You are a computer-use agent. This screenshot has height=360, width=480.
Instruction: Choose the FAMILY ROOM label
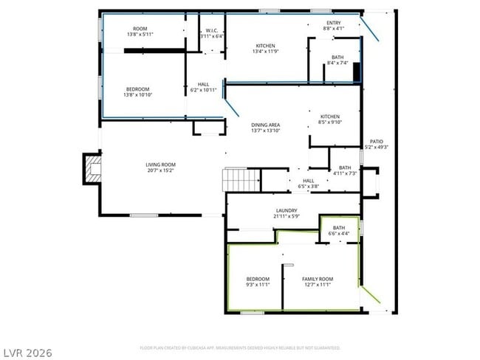pos(318,279)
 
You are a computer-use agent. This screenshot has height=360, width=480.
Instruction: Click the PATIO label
pos(376,142)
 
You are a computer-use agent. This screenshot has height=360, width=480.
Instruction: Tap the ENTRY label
pos(334,23)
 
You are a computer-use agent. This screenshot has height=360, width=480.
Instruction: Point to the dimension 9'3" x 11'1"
pos(258,285)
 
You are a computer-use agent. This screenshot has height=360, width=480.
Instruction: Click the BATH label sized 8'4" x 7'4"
pos(337,57)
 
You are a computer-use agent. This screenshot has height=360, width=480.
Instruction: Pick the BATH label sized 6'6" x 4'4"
pos(339,228)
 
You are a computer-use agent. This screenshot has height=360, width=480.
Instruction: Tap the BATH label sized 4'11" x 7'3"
pos(345,167)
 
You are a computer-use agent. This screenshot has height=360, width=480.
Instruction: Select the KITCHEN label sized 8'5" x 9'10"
pos(329,117)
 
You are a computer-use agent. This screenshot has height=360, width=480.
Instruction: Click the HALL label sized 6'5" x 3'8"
pos(308,181)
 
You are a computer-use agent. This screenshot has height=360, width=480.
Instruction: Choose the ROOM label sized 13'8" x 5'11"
pos(139,30)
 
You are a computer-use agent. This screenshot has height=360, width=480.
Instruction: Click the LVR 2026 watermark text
pos(27,353)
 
